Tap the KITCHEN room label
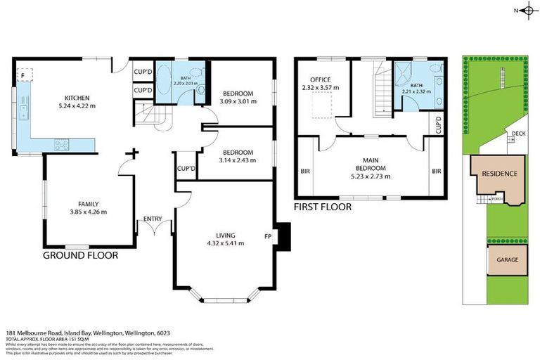tap(76, 98)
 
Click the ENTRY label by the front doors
tap(153, 219)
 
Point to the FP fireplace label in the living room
tap(268, 236)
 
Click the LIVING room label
tap(225, 235)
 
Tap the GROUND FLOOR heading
tap(81, 255)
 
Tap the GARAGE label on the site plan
tap(507, 259)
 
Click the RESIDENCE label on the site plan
tap(499, 174)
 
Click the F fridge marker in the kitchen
tap(23, 74)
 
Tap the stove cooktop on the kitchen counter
tap(61, 145)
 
